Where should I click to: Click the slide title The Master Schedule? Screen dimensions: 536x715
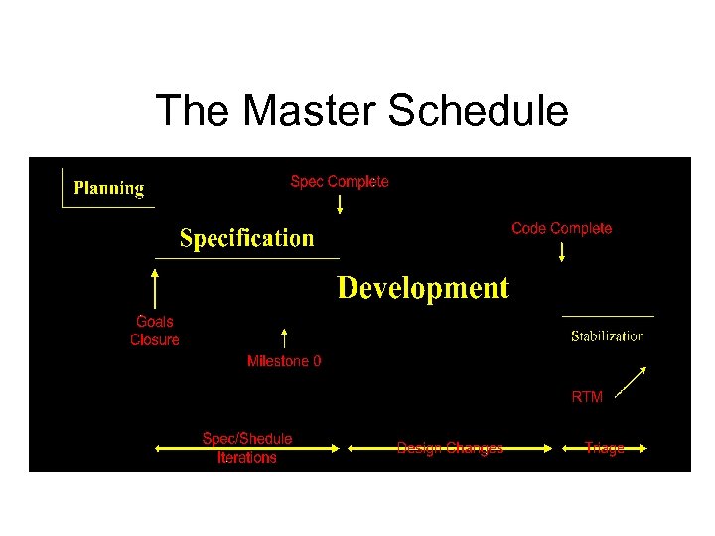pyautogui.click(x=361, y=110)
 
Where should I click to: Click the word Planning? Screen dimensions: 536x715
pyautogui.click(x=109, y=188)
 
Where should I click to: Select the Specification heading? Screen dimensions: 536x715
pyautogui.click(x=246, y=238)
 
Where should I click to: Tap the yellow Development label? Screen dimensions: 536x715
pyautogui.click(x=423, y=288)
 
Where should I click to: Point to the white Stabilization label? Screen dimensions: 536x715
pyautogui.click(x=607, y=336)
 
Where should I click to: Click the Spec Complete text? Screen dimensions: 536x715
pyautogui.click(x=340, y=182)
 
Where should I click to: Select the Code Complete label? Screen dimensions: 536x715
pyautogui.click(x=561, y=229)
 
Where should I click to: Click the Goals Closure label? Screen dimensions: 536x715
pyautogui.click(x=155, y=331)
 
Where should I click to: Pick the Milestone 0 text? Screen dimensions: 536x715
pyautogui.click(x=284, y=362)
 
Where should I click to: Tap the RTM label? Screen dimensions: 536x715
pyautogui.click(x=587, y=397)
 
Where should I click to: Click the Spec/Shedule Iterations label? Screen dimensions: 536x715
pyautogui.click(x=247, y=448)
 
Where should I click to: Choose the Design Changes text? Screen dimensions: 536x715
pyautogui.click(x=450, y=448)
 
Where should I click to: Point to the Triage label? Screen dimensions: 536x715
pyautogui.click(x=605, y=448)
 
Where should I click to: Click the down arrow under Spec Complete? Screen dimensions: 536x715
pyautogui.click(x=340, y=204)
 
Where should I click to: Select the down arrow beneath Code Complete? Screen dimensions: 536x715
pyautogui.click(x=562, y=251)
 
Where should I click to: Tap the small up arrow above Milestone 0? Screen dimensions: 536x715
pyautogui.click(x=284, y=338)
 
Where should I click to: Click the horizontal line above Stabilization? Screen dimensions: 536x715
pyautogui.click(x=608, y=316)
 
